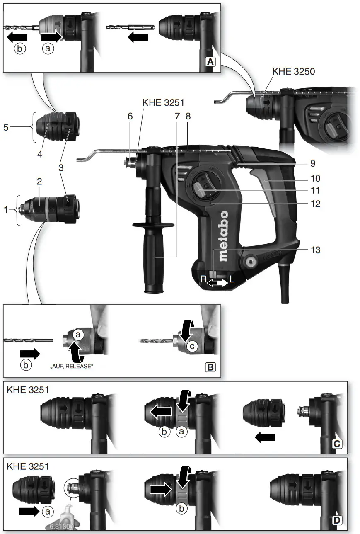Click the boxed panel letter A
(x=211, y=62)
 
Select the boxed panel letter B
(x=210, y=367)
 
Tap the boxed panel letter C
(x=337, y=444)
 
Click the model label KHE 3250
(x=293, y=71)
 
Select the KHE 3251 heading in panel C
(x=28, y=390)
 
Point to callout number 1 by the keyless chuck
(x=6, y=210)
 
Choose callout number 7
(x=177, y=117)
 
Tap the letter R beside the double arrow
(x=203, y=280)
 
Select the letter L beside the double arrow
(x=232, y=280)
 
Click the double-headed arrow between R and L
(x=218, y=283)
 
